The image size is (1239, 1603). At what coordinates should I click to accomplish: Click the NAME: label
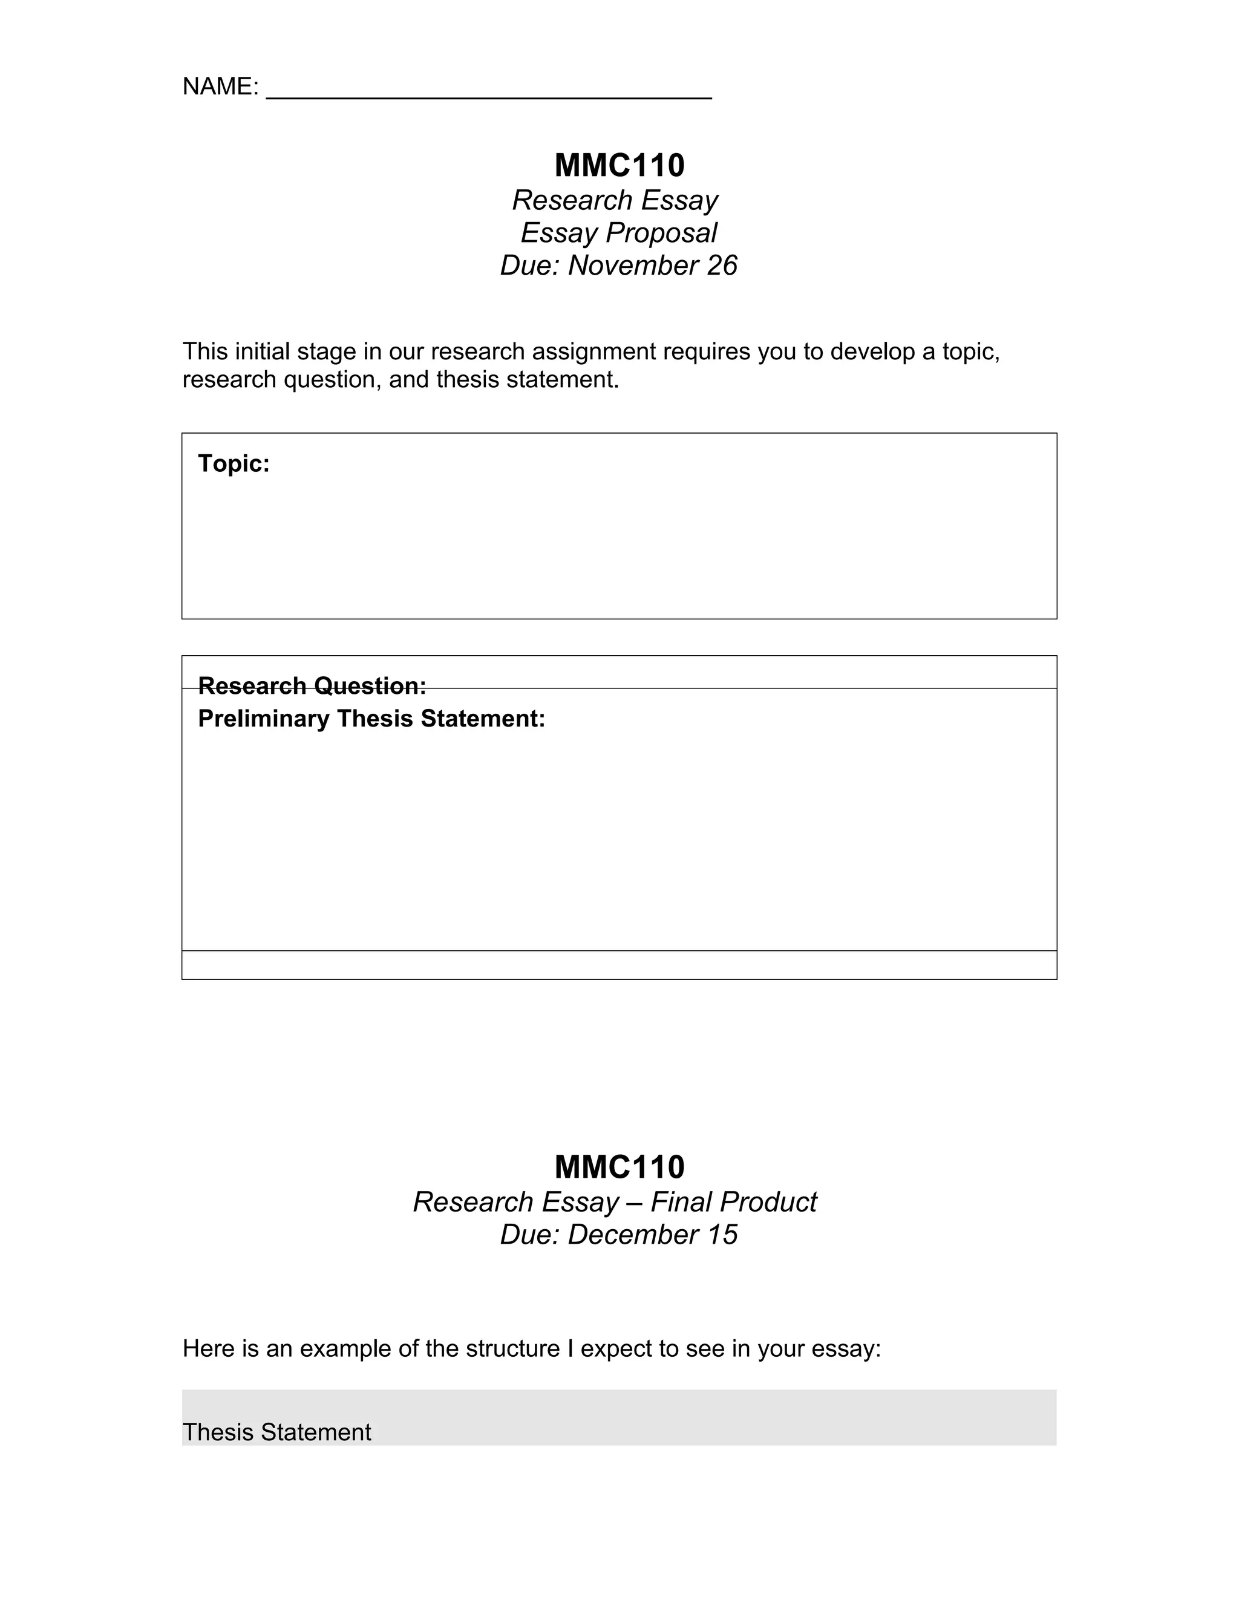[220, 87]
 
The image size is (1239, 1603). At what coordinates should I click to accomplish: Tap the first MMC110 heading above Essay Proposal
[619, 165]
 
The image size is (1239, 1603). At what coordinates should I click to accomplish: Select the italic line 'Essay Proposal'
[619, 233]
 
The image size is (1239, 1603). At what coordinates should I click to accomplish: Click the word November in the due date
[633, 265]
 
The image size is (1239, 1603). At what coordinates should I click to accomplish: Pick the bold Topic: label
[234, 463]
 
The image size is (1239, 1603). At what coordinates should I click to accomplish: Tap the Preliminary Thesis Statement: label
[371, 718]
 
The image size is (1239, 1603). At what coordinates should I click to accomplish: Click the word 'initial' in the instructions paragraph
[262, 351]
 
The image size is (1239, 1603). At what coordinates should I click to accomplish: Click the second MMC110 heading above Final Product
[619, 1167]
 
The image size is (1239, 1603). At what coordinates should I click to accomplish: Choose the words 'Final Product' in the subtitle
[733, 1203]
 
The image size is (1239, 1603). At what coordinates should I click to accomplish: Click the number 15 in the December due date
[722, 1235]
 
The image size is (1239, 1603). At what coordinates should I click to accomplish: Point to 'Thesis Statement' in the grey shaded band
[276, 1432]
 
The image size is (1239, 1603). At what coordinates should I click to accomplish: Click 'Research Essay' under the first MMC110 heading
[615, 200]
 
